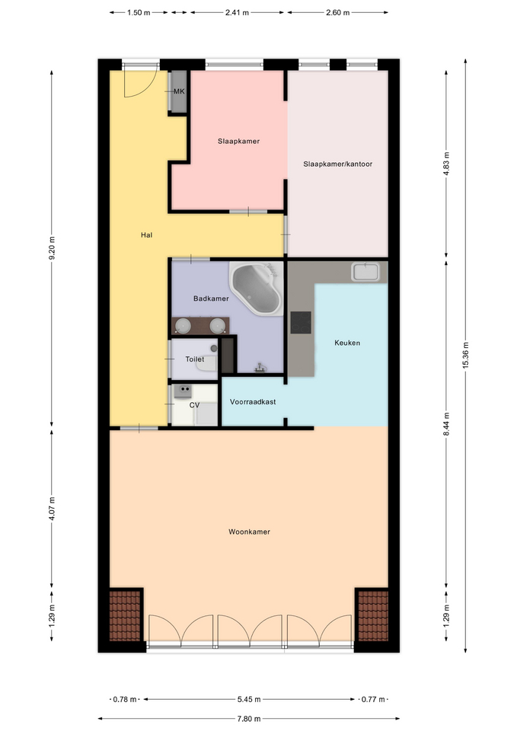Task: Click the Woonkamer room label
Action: tap(249, 531)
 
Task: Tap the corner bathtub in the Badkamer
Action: tap(257, 288)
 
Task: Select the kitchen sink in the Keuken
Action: tap(366, 272)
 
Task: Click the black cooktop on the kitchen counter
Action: tap(301, 322)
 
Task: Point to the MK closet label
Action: tap(179, 91)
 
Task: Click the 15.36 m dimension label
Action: tap(465, 356)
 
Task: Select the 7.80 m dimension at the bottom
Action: tap(249, 718)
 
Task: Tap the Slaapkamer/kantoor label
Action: tap(337, 164)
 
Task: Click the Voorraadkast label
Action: tap(253, 401)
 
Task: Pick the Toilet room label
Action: tap(194, 359)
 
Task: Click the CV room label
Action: tap(194, 405)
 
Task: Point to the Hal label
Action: tap(146, 235)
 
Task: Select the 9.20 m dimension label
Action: tap(52, 248)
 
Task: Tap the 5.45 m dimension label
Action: tap(249, 699)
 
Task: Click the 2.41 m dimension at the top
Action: tap(237, 13)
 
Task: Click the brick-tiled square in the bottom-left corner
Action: tap(125, 616)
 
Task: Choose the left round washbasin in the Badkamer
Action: tap(184, 324)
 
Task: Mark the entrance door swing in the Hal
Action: tap(139, 84)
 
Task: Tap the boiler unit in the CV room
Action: tap(182, 391)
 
